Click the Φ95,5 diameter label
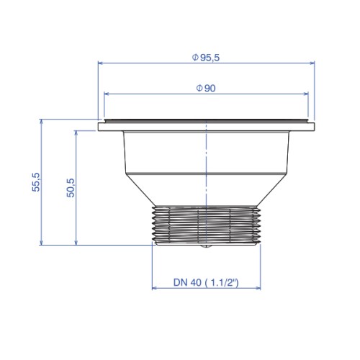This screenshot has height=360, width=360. (x=206, y=58)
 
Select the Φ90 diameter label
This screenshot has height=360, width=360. (x=206, y=89)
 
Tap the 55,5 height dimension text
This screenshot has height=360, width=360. (x=36, y=182)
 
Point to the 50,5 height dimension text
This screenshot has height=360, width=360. (x=71, y=188)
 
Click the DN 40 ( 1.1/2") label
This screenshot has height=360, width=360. (x=206, y=282)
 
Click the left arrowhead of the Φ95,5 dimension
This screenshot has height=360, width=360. (x=100, y=63)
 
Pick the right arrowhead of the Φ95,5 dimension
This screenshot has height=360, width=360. (x=312, y=63)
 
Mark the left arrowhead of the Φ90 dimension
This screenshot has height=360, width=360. (x=107, y=94)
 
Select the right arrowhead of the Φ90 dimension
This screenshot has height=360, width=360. (x=306, y=94)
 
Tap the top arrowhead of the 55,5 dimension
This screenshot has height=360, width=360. (x=41, y=122)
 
